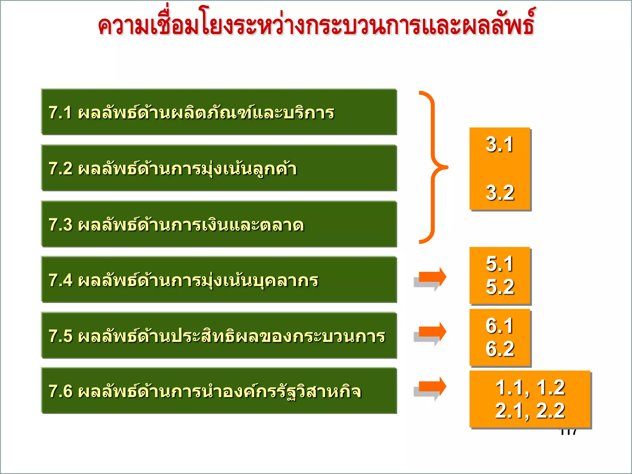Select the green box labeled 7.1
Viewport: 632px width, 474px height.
pyautogui.click(x=219, y=112)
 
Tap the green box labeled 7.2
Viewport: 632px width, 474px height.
pyautogui.click(x=219, y=168)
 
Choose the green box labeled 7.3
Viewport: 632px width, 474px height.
pyautogui.click(x=219, y=224)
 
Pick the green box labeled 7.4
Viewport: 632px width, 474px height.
pyautogui.click(x=219, y=280)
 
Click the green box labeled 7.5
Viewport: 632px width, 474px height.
pyautogui.click(x=219, y=335)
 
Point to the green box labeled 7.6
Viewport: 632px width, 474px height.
pyautogui.click(x=219, y=391)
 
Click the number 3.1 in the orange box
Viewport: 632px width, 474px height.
pyautogui.click(x=499, y=144)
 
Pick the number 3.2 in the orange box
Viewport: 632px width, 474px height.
pyautogui.click(x=500, y=193)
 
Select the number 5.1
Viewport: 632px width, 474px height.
pyautogui.click(x=499, y=264)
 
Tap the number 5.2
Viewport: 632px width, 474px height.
pyautogui.click(x=500, y=287)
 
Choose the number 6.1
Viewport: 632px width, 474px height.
pyautogui.click(x=499, y=326)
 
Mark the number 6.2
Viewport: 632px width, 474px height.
pyautogui.click(x=500, y=349)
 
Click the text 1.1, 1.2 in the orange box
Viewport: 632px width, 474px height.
pyautogui.click(x=530, y=388)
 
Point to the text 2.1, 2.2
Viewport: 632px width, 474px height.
pyautogui.click(x=530, y=411)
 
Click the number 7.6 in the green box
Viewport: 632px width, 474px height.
pyautogui.click(x=60, y=391)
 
